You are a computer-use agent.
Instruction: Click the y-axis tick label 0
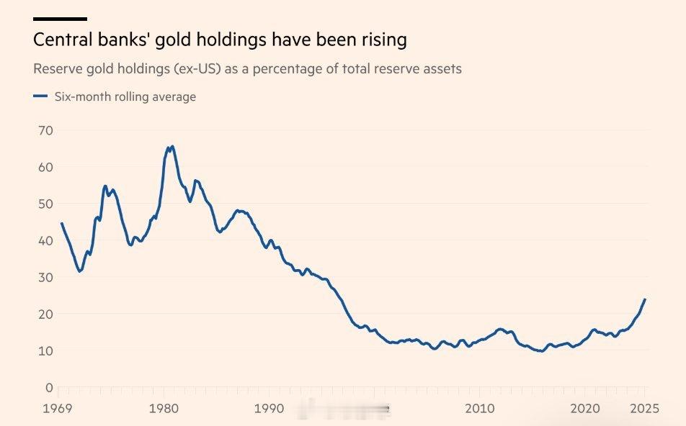click(x=48, y=387)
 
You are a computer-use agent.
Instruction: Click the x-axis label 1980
click(x=164, y=409)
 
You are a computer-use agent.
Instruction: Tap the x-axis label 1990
click(x=269, y=409)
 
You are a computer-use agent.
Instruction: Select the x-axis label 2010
click(x=480, y=409)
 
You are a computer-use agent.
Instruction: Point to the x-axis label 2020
click(x=585, y=409)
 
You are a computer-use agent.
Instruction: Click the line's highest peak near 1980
click(x=171, y=146)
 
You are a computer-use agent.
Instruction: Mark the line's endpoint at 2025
click(x=644, y=299)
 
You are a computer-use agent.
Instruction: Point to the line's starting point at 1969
click(x=61, y=223)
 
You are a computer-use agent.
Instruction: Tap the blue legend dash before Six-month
click(x=40, y=96)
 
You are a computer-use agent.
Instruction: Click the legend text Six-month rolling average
click(x=125, y=96)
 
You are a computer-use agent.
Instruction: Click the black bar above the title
click(x=60, y=19)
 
